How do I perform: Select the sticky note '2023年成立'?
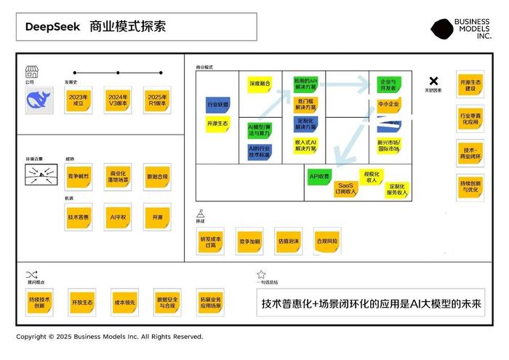click(x=78, y=100)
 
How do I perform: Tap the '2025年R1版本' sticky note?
click(x=156, y=100)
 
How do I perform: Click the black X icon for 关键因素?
click(x=433, y=81)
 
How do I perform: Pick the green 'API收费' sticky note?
click(x=319, y=176)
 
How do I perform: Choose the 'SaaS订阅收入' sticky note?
click(x=346, y=189)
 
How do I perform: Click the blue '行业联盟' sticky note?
click(x=217, y=105)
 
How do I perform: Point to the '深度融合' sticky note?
click(x=260, y=84)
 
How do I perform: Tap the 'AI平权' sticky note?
click(x=118, y=217)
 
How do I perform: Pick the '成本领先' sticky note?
click(x=123, y=302)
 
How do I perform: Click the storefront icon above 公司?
click(x=31, y=71)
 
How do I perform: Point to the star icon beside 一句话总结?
click(x=261, y=275)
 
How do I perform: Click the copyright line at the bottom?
click(x=110, y=337)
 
